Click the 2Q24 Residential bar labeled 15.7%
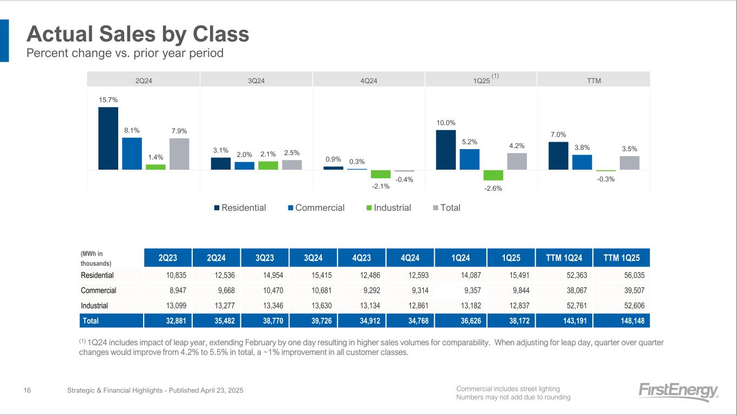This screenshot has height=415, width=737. pyautogui.click(x=108, y=138)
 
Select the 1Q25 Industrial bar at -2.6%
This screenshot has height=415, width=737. pyautogui.click(x=493, y=175)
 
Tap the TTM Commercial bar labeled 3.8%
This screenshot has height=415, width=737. pyautogui.click(x=582, y=162)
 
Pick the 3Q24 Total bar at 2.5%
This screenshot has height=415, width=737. pyautogui.click(x=292, y=165)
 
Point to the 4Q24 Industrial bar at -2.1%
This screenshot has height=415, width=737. pyautogui.click(x=380, y=174)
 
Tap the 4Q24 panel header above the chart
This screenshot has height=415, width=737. pyautogui.click(x=369, y=81)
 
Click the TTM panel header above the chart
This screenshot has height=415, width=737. pyautogui.click(x=593, y=81)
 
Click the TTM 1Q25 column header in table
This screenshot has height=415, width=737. pyautogui.click(x=621, y=258)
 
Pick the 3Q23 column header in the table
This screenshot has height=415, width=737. pyautogui.click(x=265, y=258)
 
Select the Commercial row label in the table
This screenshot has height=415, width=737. pyautogui.click(x=98, y=290)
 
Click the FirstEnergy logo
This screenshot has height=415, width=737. pyautogui.click(x=678, y=391)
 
